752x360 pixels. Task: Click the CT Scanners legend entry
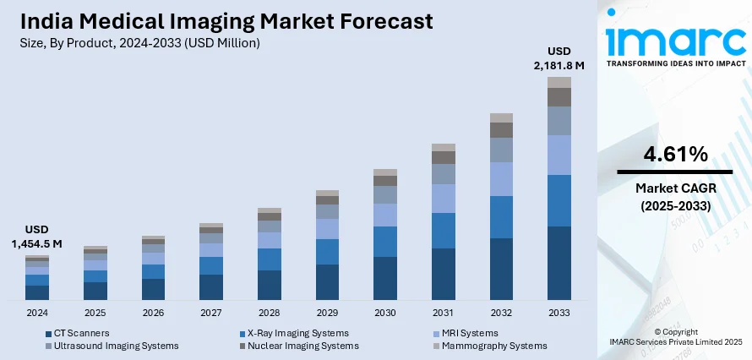(81, 333)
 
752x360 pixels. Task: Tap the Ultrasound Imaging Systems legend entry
(116, 346)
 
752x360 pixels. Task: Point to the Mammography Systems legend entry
(494, 346)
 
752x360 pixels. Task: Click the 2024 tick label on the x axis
(37, 312)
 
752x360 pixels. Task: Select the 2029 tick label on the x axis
(327, 312)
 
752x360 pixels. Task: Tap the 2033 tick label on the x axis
(559, 312)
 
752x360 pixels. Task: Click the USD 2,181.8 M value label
(559, 57)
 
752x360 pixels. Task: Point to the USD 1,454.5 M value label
(37, 237)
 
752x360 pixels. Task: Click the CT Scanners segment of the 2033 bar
(559, 263)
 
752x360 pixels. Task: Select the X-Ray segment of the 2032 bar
(501, 217)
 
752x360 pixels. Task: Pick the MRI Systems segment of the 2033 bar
(559, 155)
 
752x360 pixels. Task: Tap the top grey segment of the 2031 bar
(444, 147)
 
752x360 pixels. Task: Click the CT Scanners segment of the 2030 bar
(385, 278)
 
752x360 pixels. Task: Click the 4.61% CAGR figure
(675, 155)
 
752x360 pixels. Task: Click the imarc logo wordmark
(675, 41)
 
